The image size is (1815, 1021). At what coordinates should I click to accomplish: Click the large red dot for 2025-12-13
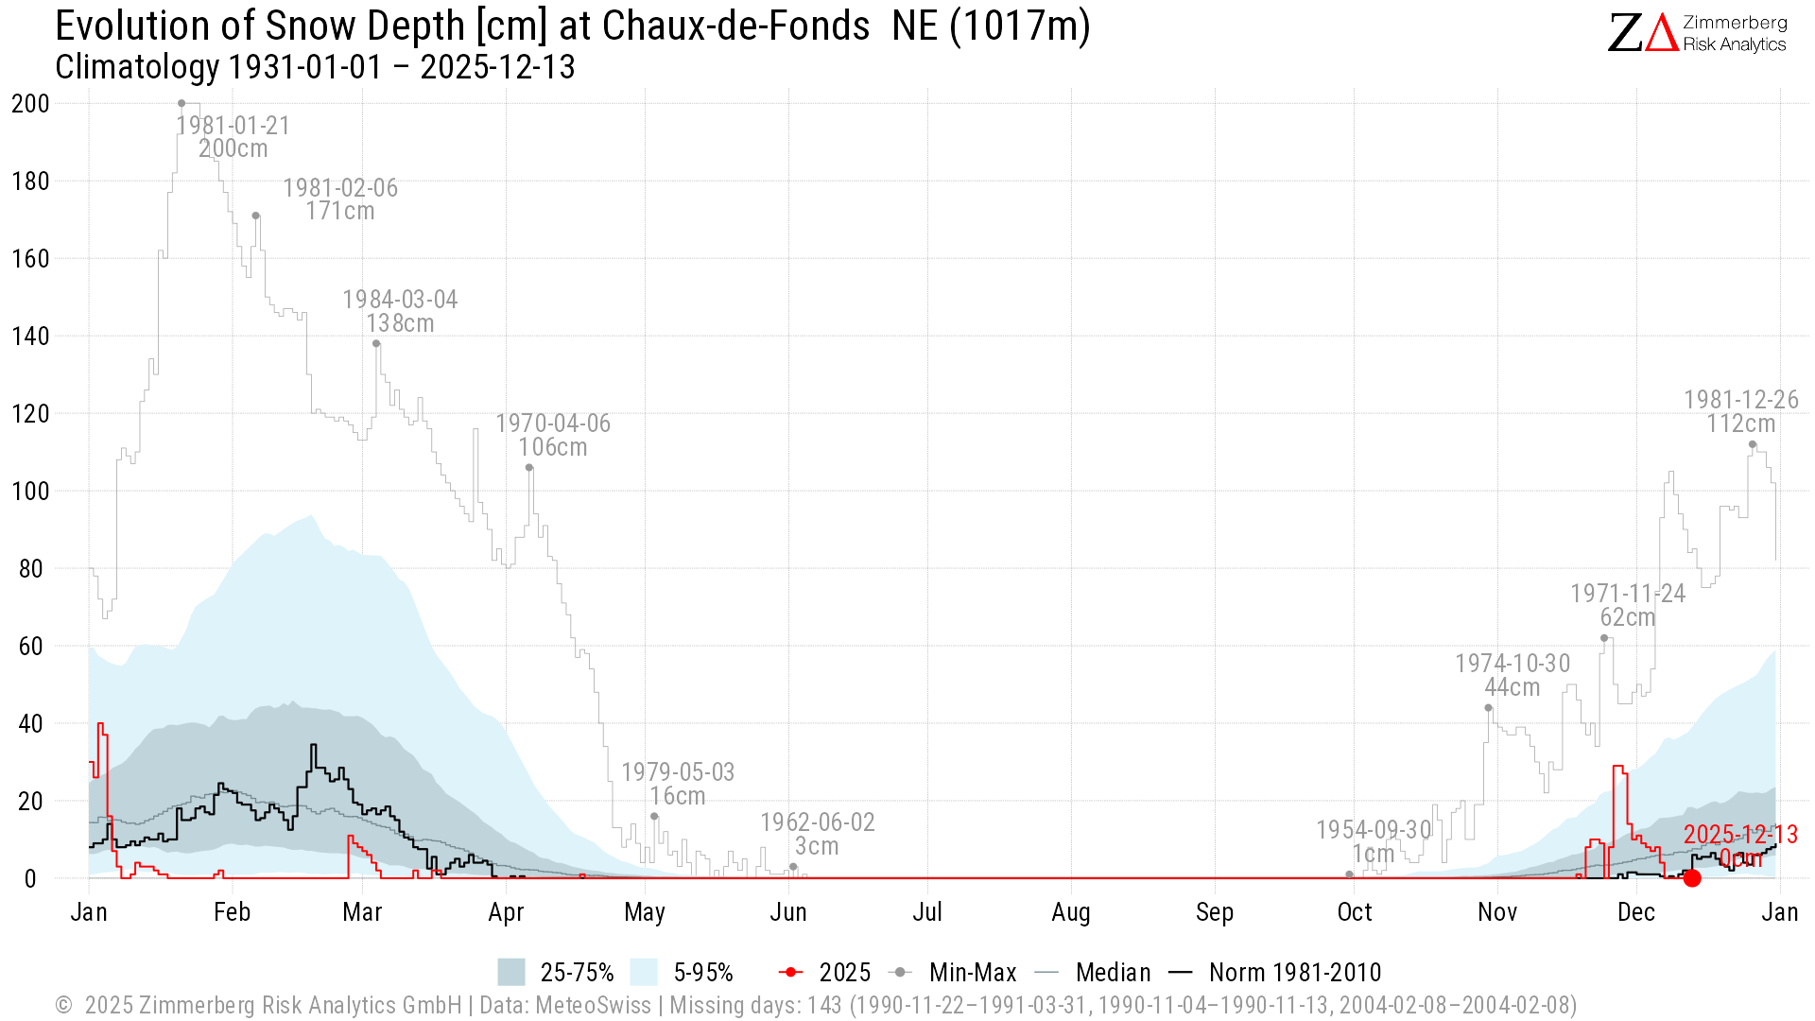pyautogui.click(x=1692, y=878)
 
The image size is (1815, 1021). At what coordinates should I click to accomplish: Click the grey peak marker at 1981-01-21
pyautogui.click(x=181, y=103)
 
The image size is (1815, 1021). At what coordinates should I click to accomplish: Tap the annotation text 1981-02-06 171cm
pyautogui.click(x=340, y=199)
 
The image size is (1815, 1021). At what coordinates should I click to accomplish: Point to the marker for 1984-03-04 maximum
pyautogui.click(x=376, y=343)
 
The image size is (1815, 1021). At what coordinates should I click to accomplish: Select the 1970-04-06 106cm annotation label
pyautogui.click(x=553, y=435)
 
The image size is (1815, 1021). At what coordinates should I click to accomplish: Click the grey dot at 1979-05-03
pyautogui.click(x=654, y=816)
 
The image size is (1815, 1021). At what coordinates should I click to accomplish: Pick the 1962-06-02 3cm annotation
pyautogui.click(x=818, y=834)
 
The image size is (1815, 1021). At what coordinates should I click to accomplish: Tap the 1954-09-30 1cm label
pyautogui.click(x=1374, y=841)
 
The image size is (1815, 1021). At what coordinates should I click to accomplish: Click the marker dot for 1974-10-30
pyautogui.click(x=1488, y=707)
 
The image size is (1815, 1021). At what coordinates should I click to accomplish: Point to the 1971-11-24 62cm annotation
pyautogui.click(x=1628, y=605)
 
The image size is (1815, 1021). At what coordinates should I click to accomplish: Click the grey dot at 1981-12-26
pyautogui.click(x=1753, y=444)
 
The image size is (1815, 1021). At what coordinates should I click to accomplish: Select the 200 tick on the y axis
pyautogui.click(x=30, y=104)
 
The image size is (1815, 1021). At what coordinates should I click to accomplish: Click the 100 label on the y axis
pyautogui.click(x=30, y=492)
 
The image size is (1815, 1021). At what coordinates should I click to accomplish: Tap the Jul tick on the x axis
pyautogui.click(x=927, y=912)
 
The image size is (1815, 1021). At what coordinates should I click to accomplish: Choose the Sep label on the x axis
pyautogui.click(x=1215, y=912)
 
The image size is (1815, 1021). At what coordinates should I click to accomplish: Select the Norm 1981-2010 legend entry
pyautogui.click(x=1275, y=972)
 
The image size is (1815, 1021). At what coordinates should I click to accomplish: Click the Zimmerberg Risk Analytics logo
pyautogui.click(x=1697, y=33)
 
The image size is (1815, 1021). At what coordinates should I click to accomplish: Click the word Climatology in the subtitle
pyautogui.click(x=137, y=67)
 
